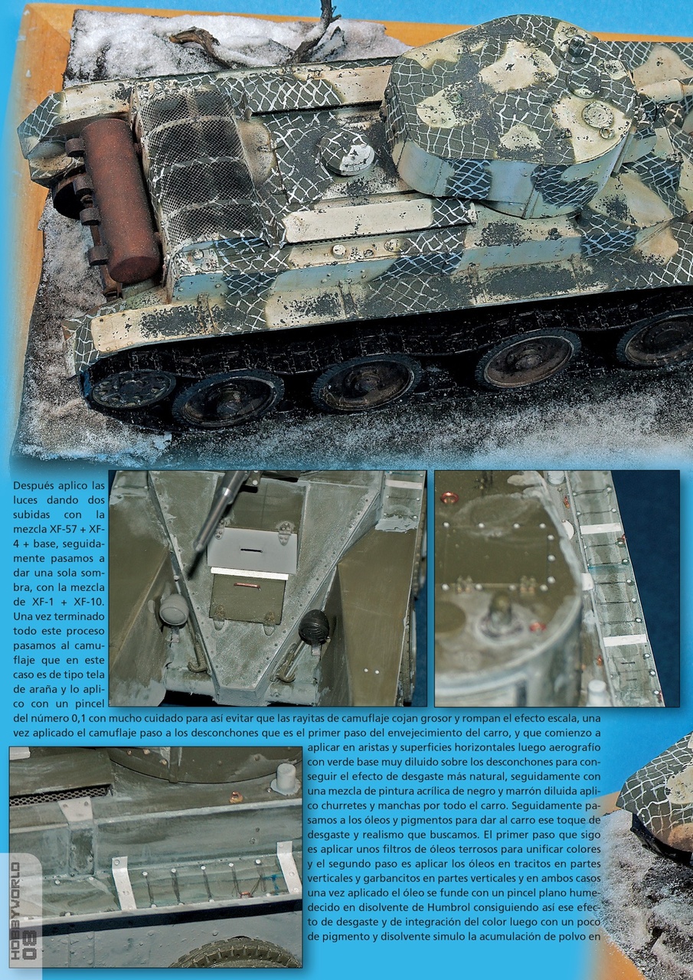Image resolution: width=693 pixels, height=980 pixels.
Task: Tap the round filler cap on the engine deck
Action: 348,152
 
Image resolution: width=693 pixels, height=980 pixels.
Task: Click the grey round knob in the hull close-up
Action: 173,609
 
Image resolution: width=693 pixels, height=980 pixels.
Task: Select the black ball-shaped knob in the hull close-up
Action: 313,627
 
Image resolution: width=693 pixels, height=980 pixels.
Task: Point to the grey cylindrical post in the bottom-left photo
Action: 286,777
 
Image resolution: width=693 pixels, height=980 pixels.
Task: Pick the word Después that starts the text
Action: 36,485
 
